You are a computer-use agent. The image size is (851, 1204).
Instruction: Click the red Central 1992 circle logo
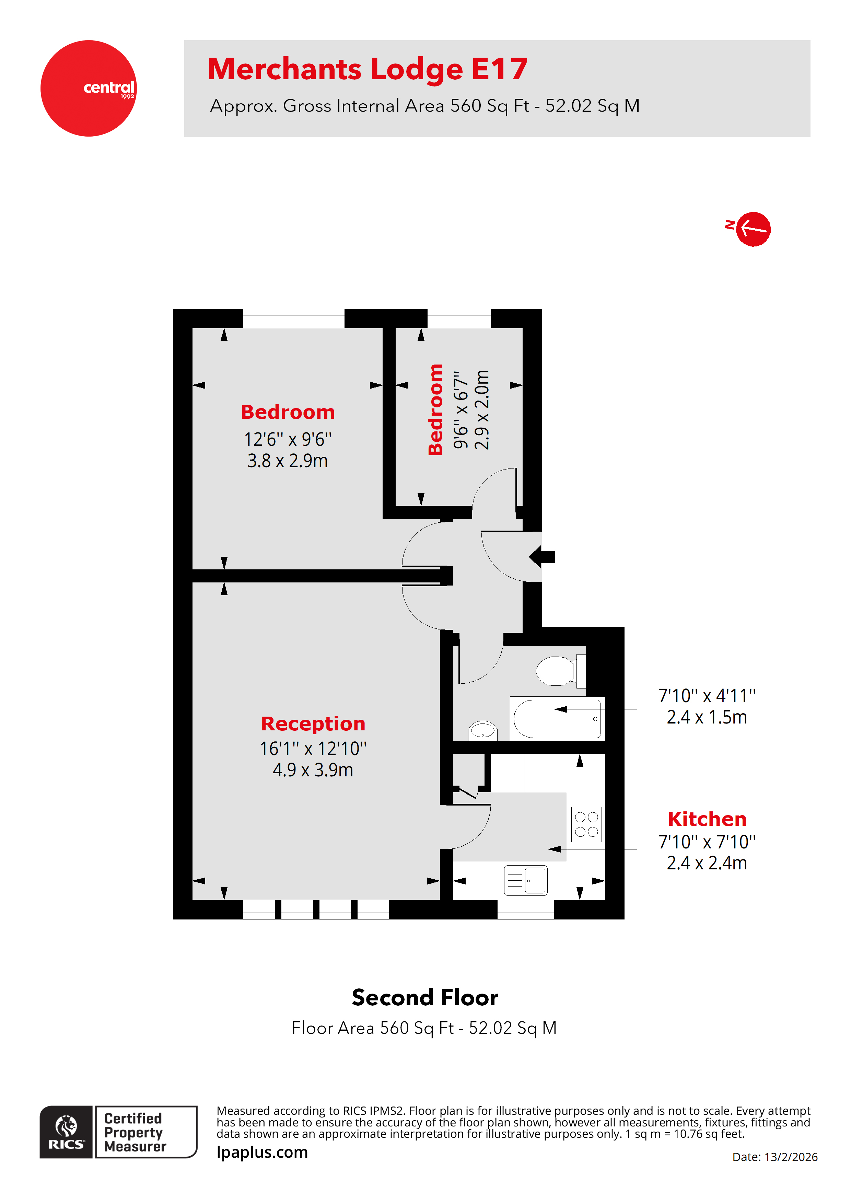pos(89,88)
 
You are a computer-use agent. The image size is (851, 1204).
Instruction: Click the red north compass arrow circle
pos(753,229)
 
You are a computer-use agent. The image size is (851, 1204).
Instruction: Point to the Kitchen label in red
pos(707,819)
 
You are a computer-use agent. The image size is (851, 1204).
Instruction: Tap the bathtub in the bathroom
pos(557,718)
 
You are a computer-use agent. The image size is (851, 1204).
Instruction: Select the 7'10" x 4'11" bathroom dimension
pos(707,696)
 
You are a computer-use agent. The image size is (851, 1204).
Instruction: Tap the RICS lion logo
pos(66,1132)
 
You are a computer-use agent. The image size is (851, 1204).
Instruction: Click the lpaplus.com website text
pos(262,1152)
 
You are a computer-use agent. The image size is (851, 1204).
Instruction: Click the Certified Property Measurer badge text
pos(135,1132)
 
